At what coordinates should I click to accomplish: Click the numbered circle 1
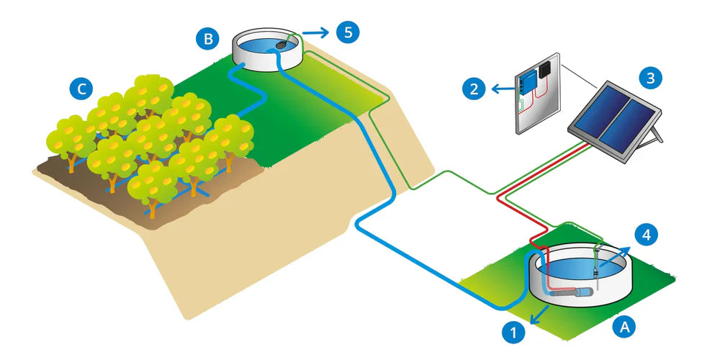(x=512, y=333)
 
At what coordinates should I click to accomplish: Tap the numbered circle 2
(x=473, y=89)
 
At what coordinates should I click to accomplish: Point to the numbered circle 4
(x=646, y=235)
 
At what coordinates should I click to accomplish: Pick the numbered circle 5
(x=348, y=32)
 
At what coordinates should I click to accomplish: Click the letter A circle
(x=624, y=325)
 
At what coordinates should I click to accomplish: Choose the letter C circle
(x=81, y=89)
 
